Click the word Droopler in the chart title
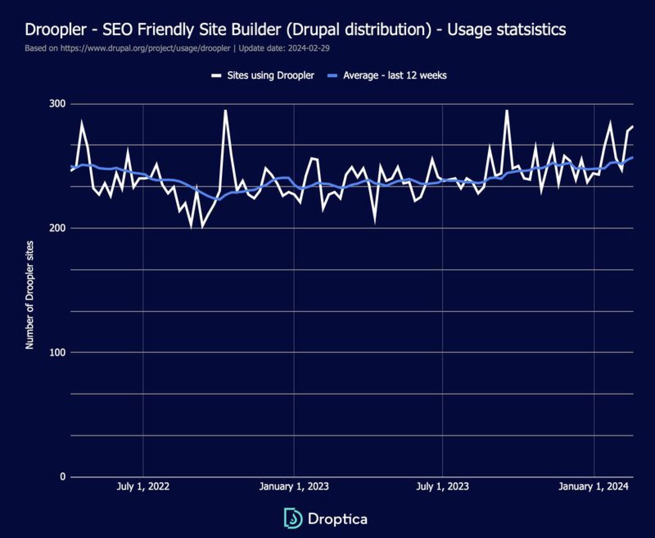[56, 30]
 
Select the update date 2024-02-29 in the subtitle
[308, 48]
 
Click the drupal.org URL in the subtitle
[145, 48]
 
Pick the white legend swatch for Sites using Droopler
[216, 76]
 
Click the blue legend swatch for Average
[332, 76]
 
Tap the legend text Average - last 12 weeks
[395, 75]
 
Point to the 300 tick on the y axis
[57, 104]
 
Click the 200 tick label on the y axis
[57, 228]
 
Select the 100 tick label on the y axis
[57, 352]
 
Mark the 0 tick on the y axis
[62, 477]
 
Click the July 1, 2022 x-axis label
[143, 486]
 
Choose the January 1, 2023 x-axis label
[294, 486]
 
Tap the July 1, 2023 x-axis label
[442, 486]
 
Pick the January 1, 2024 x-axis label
[593, 486]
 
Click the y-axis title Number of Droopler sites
[30, 295]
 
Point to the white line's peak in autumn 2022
[225, 111]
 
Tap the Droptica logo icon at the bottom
[293, 518]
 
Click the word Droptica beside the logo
[337, 519]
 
